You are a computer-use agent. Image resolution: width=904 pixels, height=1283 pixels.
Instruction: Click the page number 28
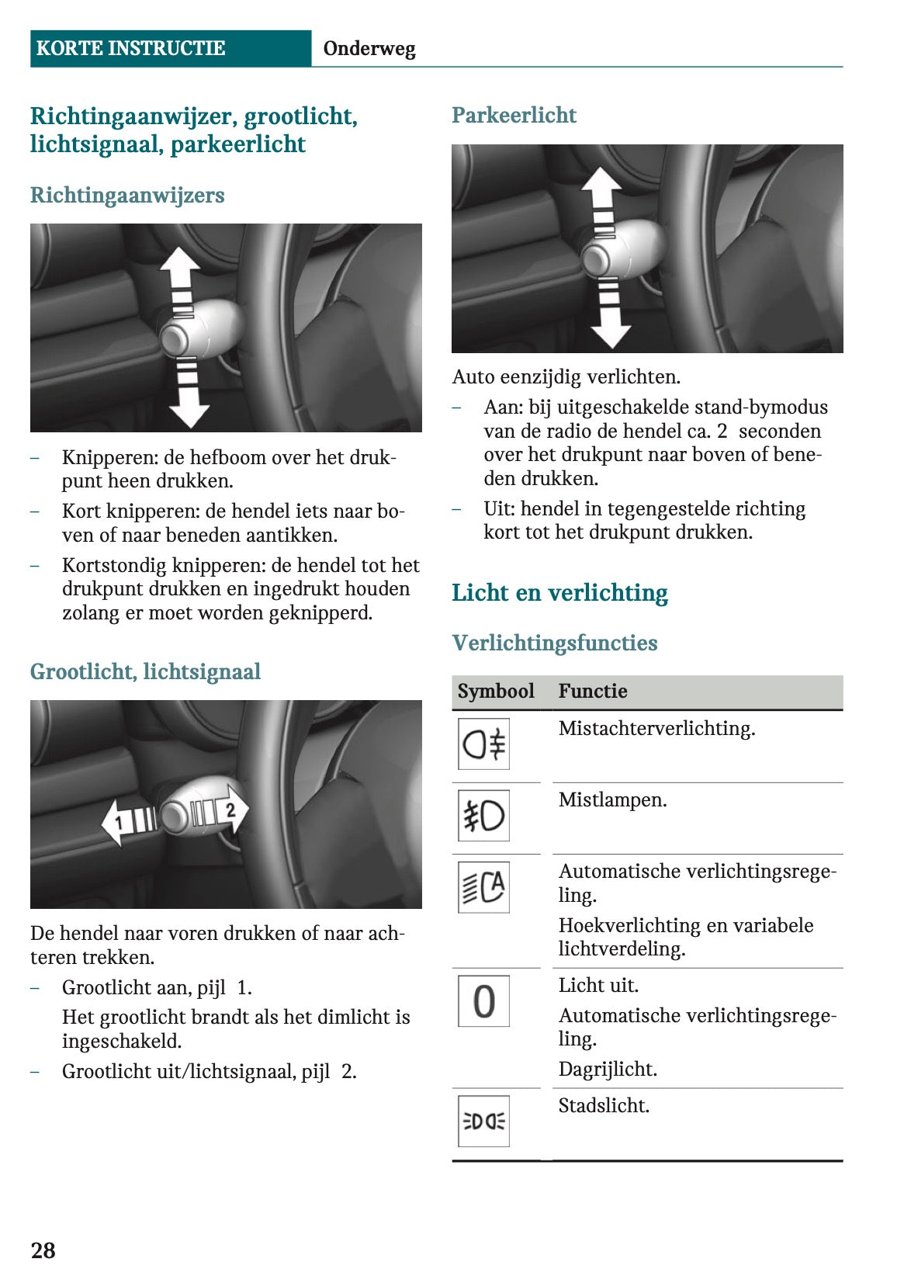click(x=43, y=1250)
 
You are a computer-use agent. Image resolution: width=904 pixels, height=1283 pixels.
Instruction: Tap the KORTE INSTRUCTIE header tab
click(x=131, y=48)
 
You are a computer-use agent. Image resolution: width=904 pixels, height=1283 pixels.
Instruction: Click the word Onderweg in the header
click(x=369, y=49)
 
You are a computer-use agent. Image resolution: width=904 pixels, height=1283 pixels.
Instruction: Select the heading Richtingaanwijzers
click(x=127, y=195)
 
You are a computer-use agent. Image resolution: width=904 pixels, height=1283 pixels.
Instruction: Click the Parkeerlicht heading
click(x=514, y=116)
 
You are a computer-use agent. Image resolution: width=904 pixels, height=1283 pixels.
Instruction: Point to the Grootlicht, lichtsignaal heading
click(x=145, y=671)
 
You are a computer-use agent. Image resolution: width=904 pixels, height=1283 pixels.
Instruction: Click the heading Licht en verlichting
click(x=559, y=593)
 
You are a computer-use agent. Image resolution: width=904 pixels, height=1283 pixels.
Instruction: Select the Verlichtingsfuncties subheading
click(x=554, y=643)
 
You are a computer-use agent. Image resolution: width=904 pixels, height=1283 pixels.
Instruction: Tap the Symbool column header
click(x=496, y=691)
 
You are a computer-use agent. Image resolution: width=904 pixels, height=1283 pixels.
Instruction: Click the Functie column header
click(x=593, y=691)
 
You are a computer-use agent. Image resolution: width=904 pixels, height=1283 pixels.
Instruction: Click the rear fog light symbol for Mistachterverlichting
click(x=483, y=744)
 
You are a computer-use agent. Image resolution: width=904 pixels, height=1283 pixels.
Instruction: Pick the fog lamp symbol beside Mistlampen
click(x=483, y=816)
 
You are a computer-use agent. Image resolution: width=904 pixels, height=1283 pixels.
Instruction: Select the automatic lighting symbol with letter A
click(x=483, y=887)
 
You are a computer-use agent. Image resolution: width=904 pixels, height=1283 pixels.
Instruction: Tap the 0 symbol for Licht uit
click(x=483, y=1001)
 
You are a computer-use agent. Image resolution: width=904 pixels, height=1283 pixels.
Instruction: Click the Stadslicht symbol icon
click(x=483, y=1121)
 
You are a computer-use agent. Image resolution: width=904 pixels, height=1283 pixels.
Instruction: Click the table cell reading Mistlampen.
click(x=612, y=800)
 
